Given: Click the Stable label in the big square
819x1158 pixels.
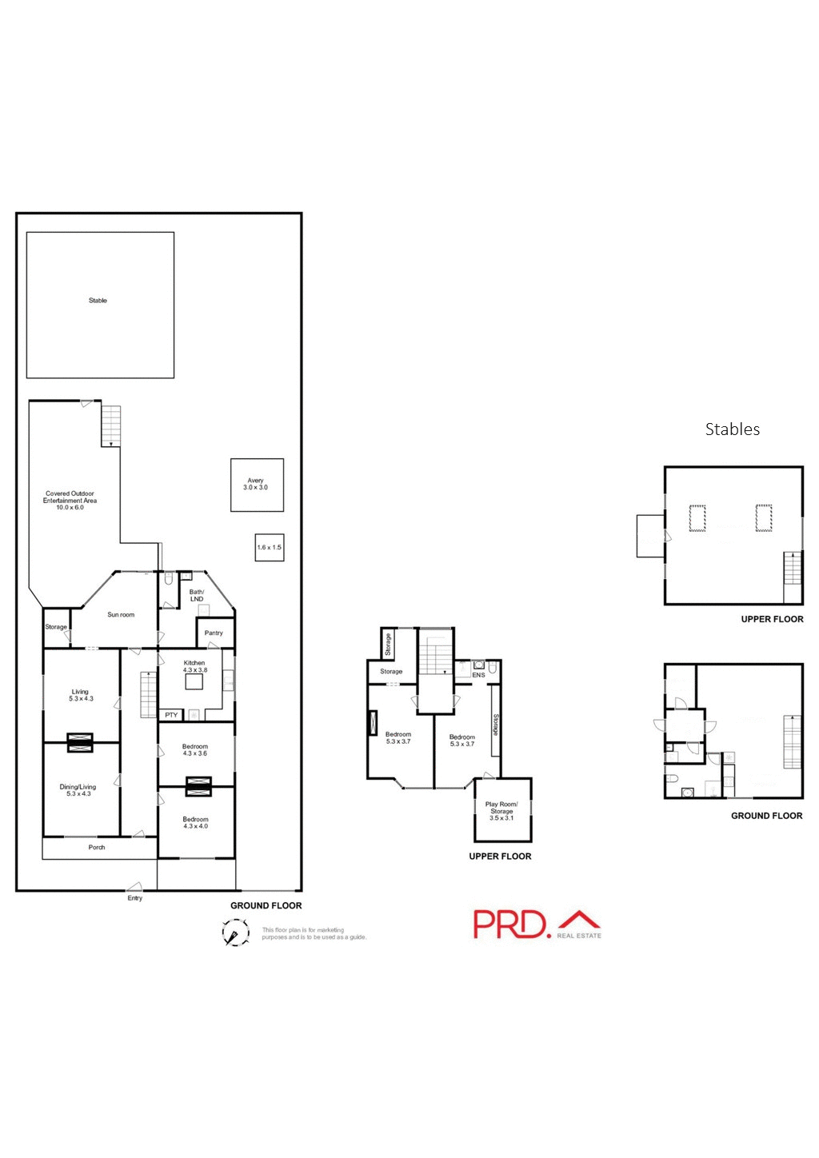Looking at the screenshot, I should pyautogui.click(x=98, y=301).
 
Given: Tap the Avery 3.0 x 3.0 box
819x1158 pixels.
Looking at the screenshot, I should pyautogui.click(x=257, y=485).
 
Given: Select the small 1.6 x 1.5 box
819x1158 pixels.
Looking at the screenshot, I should pyautogui.click(x=270, y=548).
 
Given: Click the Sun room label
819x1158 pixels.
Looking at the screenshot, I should pyautogui.click(x=121, y=615).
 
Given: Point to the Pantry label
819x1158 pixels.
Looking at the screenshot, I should pyautogui.click(x=214, y=633).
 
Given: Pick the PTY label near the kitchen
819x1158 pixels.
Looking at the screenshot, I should pyautogui.click(x=171, y=715).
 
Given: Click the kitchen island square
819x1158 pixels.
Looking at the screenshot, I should pyautogui.click(x=194, y=682).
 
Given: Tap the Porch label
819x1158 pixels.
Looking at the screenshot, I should pyautogui.click(x=97, y=848).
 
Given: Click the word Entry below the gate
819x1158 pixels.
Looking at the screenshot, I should pyautogui.click(x=135, y=899).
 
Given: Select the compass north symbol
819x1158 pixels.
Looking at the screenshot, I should pyautogui.click(x=234, y=933).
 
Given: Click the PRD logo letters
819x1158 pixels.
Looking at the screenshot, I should pyautogui.click(x=510, y=924).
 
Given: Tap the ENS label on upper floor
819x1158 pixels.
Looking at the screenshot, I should pyautogui.click(x=478, y=675).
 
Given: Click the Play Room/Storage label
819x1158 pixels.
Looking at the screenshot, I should pyautogui.click(x=501, y=811).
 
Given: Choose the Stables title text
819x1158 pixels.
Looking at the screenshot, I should pyautogui.click(x=732, y=429).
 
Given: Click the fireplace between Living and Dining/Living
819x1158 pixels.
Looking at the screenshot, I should pyautogui.click(x=80, y=742).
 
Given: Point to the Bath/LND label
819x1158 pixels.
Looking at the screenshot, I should pyautogui.click(x=197, y=596).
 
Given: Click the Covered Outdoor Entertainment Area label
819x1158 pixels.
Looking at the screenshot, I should pyautogui.click(x=70, y=501).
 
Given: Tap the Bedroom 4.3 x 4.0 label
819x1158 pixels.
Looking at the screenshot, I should pyautogui.click(x=195, y=823).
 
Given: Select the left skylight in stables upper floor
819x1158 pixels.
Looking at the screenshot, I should pyautogui.click(x=698, y=518).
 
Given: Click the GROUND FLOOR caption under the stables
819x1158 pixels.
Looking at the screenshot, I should pyautogui.click(x=766, y=816).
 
